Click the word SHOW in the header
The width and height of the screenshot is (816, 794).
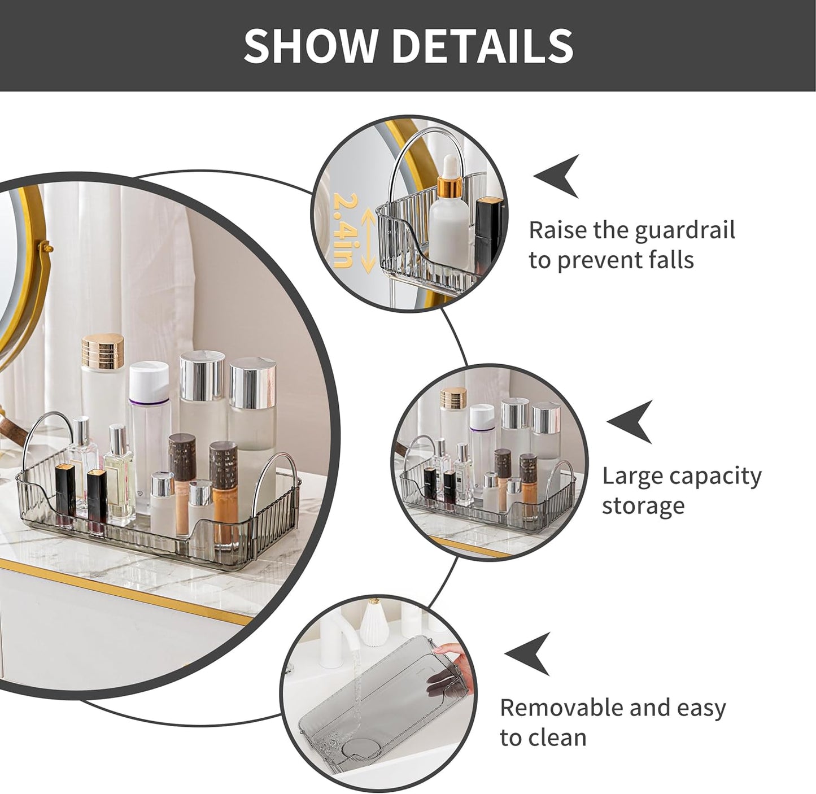click(310, 45)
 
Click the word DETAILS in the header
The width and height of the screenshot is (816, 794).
click(483, 45)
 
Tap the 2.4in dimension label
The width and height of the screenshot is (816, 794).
click(343, 230)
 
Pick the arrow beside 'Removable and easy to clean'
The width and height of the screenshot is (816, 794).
click(527, 653)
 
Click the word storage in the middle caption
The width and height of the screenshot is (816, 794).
click(643, 506)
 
